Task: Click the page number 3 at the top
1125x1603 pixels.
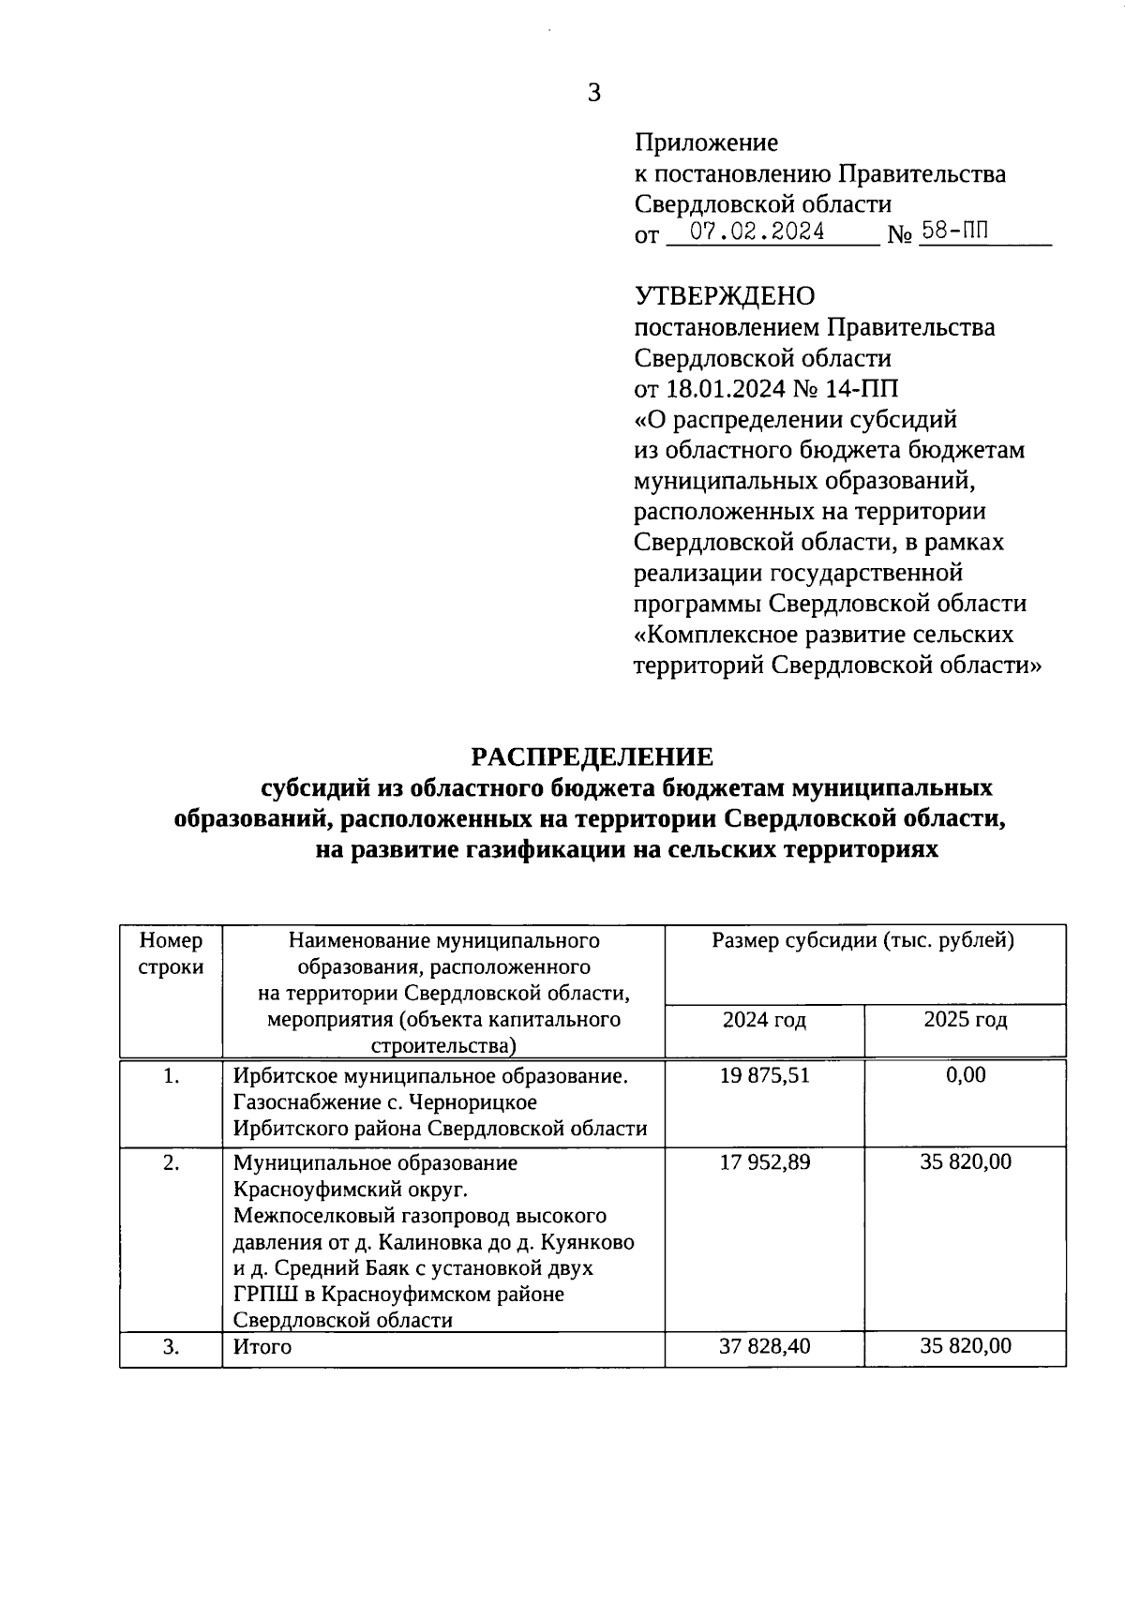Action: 593,93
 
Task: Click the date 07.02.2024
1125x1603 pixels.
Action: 757,232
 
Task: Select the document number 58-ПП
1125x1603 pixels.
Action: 954,231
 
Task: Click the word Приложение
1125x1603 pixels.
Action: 706,142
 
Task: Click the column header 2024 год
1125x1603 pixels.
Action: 764,1020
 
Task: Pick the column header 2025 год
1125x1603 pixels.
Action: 966,1020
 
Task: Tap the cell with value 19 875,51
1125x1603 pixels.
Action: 764,1075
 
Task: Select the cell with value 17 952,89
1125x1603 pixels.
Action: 764,1162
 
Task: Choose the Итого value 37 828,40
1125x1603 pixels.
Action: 764,1346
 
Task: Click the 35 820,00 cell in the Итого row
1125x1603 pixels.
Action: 966,1346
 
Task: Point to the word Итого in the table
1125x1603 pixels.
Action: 262,1347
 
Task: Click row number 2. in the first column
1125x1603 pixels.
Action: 171,1162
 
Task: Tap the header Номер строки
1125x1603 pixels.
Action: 171,953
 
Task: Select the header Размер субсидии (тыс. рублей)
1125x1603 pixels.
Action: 863,940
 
